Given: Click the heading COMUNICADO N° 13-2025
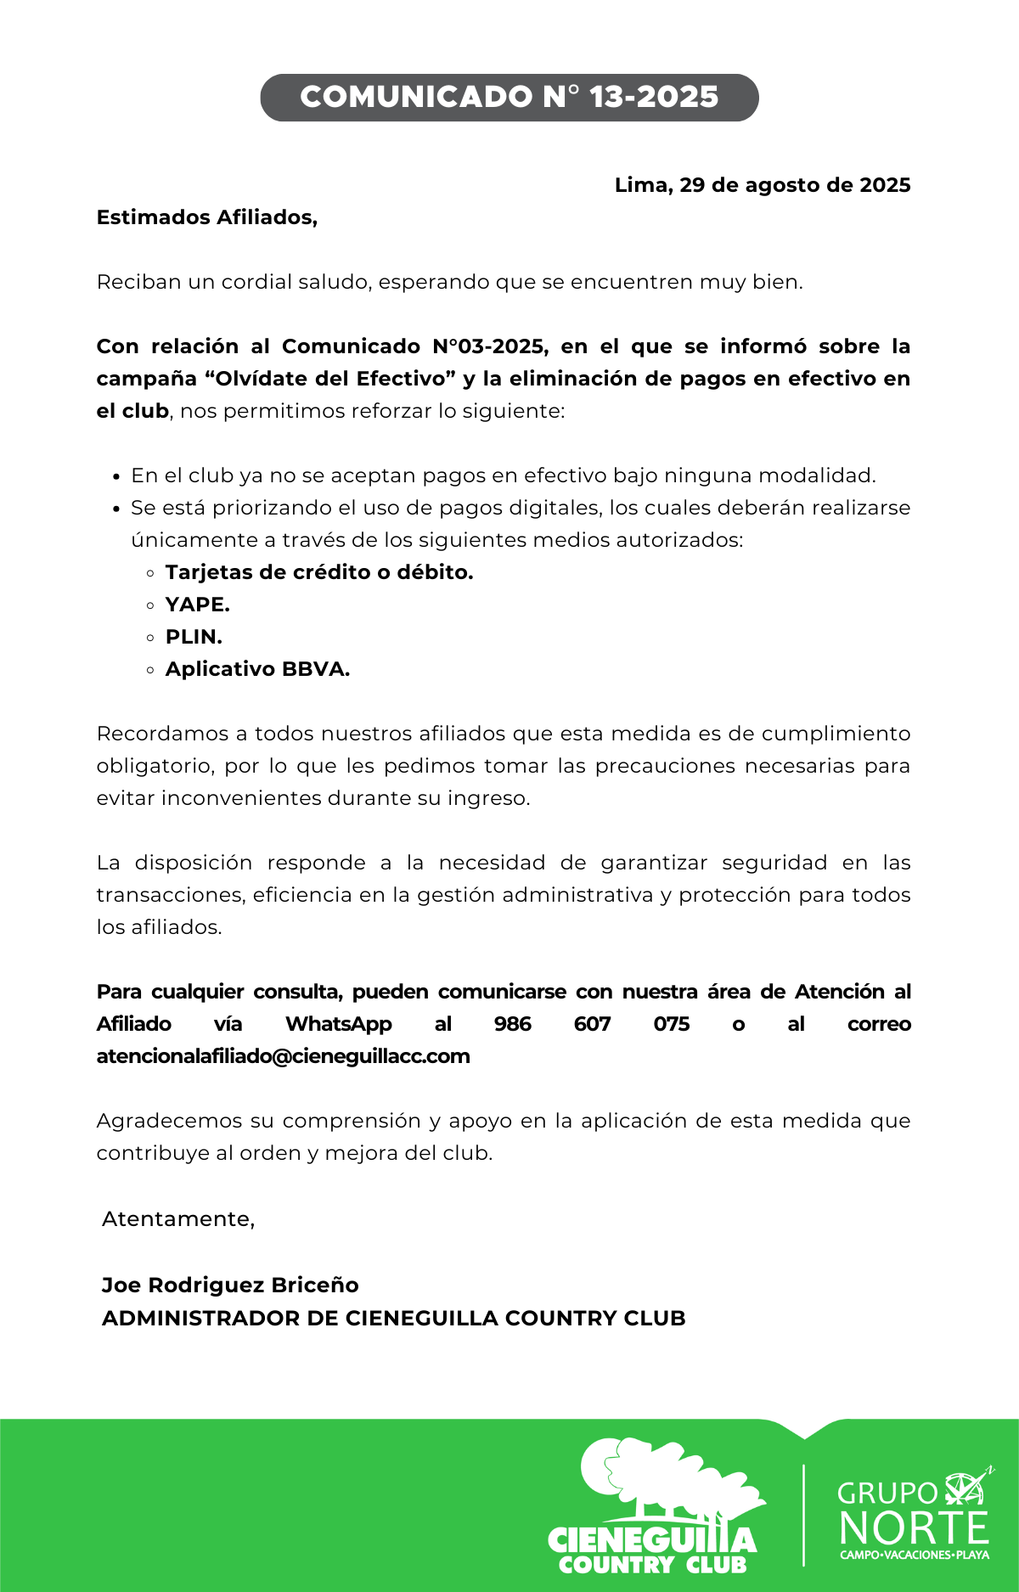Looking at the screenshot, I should click(x=509, y=97).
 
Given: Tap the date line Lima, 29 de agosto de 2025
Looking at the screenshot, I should click(x=762, y=185).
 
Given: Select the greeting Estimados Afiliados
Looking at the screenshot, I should click(x=206, y=217).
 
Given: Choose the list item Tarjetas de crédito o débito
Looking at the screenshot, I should click(x=318, y=572).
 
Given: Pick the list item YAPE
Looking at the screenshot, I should click(x=197, y=605).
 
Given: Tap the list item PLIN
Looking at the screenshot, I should click(x=194, y=637).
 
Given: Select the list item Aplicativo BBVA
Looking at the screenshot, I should click(x=257, y=669).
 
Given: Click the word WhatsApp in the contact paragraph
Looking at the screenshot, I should click(x=339, y=1024).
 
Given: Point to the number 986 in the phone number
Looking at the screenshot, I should click(x=512, y=1024).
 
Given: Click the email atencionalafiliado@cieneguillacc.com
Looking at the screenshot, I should click(x=283, y=1056).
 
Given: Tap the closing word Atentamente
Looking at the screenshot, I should click(x=178, y=1219).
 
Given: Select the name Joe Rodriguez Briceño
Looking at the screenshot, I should click(x=230, y=1285).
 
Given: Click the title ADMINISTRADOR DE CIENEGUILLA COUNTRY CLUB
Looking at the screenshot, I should click(x=393, y=1318).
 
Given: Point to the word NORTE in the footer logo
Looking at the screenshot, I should click(x=914, y=1528).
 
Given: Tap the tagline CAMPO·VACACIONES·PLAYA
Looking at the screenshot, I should click(x=914, y=1555).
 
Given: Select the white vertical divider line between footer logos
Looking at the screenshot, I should click(x=803, y=1515).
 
